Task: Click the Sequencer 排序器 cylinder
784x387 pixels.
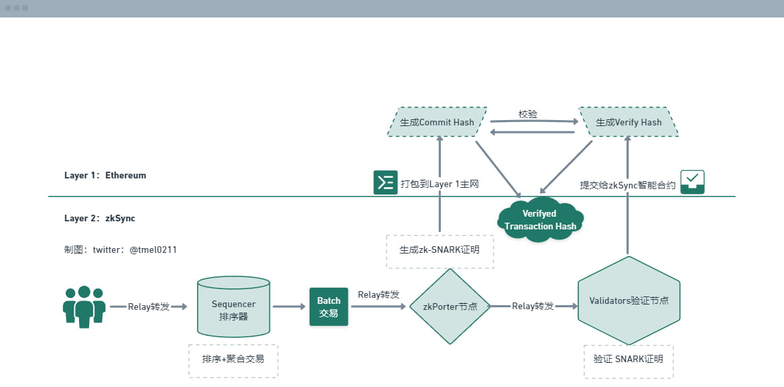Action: [x=233, y=307]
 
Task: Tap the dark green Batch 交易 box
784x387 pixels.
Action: [x=328, y=307]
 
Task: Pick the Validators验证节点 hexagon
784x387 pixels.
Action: [x=629, y=300]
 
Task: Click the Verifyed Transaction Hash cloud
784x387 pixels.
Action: [x=540, y=219]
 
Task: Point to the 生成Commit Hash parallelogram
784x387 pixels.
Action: [x=437, y=122]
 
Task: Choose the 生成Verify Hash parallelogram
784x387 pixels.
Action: [x=629, y=122]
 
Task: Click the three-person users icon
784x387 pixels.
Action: [x=84, y=307]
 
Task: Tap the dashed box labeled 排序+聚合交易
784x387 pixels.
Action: [x=233, y=359]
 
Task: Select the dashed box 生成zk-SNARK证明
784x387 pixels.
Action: [x=440, y=251]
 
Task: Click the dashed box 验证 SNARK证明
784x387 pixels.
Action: [x=628, y=359]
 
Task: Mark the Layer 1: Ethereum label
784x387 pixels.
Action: [x=105, y=175]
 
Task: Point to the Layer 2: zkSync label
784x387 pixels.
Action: [x=100, y=218]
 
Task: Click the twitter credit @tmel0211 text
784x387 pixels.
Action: [x=121, y=250]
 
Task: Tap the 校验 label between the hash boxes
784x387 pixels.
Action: [x=528, y=115]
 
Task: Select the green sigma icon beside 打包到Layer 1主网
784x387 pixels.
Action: [x=385, y=182]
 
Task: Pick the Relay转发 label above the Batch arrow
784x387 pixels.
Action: [x=379, y=294]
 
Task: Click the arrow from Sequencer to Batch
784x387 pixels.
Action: [x=289, y=307]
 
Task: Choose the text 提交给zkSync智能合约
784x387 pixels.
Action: [x=627, y=185]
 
